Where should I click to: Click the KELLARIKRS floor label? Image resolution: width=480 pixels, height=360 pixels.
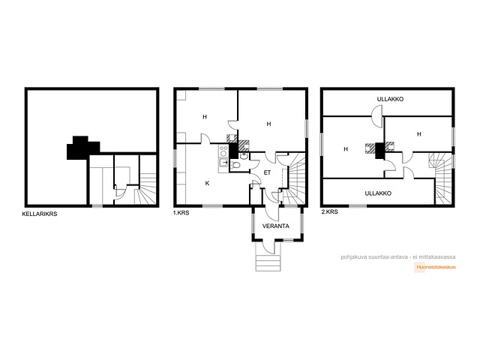tap(40, 214)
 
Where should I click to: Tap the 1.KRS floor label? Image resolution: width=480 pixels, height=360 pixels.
tap(181, 213)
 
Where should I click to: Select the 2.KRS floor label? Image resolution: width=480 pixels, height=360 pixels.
tap(330, 211)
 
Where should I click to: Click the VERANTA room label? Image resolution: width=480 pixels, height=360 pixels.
tap(276, 226)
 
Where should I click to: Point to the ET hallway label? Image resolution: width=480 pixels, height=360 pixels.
tap(267, 172)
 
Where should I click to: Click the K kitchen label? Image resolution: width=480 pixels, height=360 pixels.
tap(207, 183)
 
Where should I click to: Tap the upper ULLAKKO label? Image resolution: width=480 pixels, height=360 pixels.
tap(390, 99)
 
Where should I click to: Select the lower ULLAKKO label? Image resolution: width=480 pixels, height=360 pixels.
tap(378, 193)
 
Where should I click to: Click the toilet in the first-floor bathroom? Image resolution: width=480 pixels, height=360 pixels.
tap(235, 165)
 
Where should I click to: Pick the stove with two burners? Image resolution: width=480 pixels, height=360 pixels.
tap(223, 151)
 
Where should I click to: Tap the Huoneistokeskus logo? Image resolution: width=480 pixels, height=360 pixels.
tap(435, 267)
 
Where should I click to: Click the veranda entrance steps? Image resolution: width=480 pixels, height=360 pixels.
tap(268, 262)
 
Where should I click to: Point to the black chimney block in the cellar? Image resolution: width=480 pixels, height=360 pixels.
tap(83, 148)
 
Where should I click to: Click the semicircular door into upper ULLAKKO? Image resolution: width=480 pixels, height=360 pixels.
tap(376, 116)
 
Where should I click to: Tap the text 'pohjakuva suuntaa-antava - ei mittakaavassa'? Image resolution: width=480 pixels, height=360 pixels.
tap(398, 257)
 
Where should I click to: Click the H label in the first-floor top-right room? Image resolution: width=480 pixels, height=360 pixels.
tap(268, 124)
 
